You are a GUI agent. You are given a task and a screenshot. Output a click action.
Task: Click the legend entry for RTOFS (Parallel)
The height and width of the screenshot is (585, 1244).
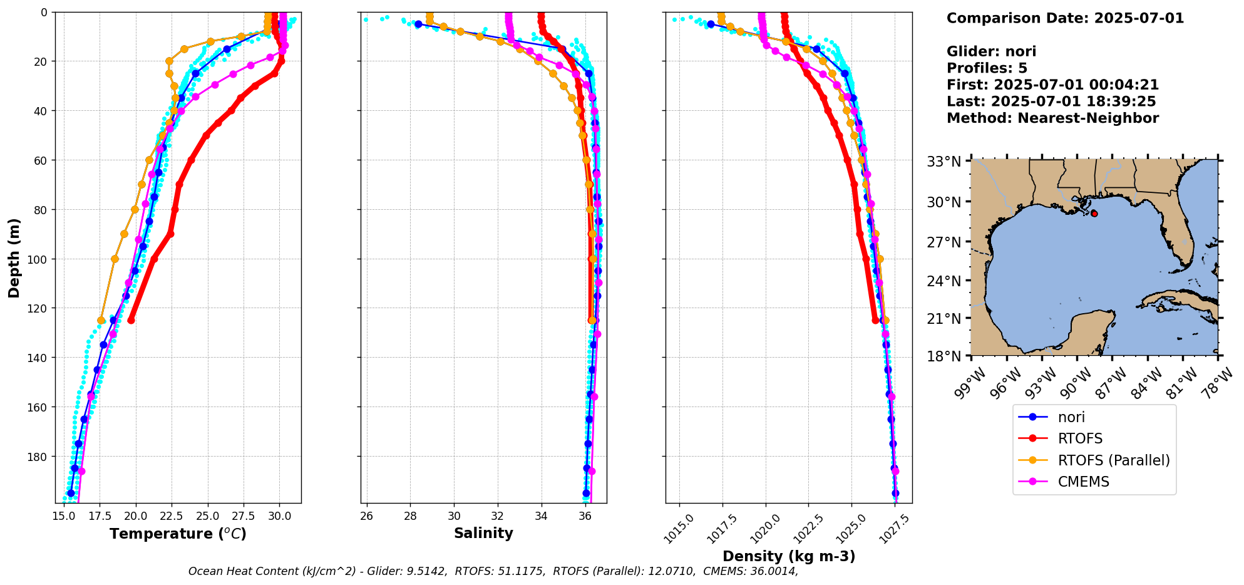point(1113,460)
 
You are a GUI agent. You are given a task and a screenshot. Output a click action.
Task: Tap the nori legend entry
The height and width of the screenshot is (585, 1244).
point(1071,417)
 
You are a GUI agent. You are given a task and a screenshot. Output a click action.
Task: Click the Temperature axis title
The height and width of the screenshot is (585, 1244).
point(178,534)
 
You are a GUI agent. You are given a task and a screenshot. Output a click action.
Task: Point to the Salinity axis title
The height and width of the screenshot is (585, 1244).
point(483,534)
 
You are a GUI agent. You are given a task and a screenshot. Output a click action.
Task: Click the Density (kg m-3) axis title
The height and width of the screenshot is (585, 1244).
point(789,556)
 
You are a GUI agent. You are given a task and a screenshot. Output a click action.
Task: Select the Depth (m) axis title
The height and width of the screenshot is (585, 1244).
point(14,257)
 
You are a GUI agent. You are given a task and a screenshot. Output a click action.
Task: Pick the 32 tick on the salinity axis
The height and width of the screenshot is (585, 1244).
point(498,516)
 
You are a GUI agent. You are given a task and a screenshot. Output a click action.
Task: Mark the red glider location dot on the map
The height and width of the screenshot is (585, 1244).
point(1094,214)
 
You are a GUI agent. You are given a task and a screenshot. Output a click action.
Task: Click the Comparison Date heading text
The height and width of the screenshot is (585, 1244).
point(1065,18)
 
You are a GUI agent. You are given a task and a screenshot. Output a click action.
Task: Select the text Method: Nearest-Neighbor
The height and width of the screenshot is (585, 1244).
point(1052,118)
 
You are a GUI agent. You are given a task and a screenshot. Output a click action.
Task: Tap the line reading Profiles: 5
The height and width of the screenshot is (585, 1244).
point(987,68)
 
